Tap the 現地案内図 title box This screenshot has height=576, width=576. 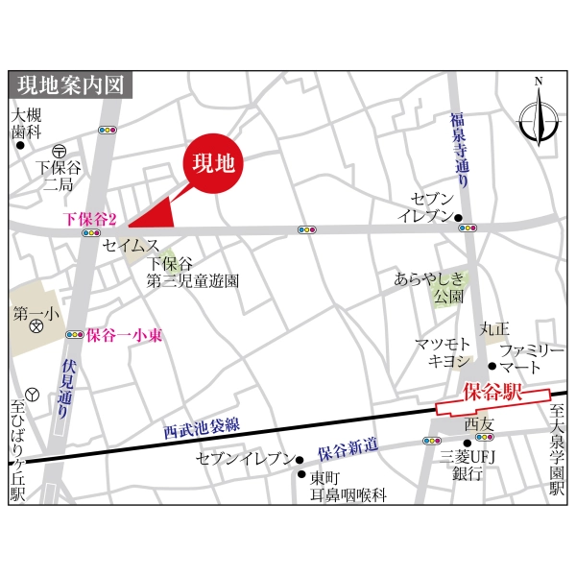tap(71, 84)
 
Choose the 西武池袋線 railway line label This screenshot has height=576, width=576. tap(201, 423)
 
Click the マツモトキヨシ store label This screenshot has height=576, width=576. tap(443, 352)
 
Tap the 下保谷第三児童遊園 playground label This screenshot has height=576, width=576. tap(192, 272)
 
